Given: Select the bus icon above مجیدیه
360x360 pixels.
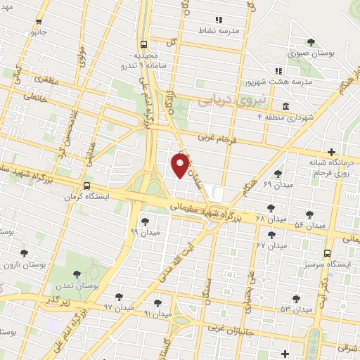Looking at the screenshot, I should [x=143, y=42].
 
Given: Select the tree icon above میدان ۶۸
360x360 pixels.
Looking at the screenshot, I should [x=271, y=207].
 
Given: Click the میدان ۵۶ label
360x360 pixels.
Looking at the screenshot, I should [x=309, y=225].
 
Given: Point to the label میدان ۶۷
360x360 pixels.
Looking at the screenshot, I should [x=271, y=245].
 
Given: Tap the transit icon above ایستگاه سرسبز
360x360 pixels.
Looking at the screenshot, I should [x=328, y=253].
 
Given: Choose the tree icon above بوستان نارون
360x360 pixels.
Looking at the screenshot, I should [x=25, y=253].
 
